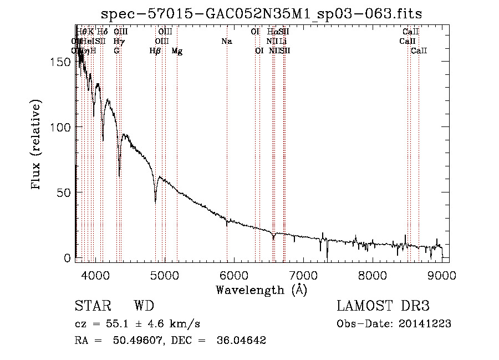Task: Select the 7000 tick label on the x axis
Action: point(303,275)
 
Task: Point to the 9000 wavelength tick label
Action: point(442,275)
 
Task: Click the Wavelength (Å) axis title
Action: point(262,290)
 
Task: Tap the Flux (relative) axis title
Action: point(37,145)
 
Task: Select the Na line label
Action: point(226,42)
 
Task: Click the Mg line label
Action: point(177,51)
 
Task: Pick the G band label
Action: point(116,51)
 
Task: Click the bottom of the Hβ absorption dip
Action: point(155,202)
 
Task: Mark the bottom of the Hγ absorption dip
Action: point(119,176)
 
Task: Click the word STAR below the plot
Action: point(93,306)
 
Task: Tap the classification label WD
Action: point(144,306)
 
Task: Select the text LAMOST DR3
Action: point(383,306)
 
